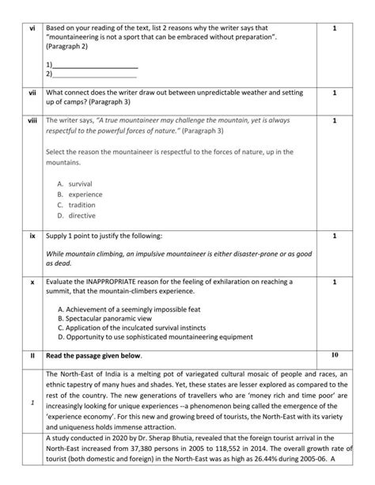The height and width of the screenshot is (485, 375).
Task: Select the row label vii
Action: coord(32,93)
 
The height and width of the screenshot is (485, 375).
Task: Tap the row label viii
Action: coord(32,120)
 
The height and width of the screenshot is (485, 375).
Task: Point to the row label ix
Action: coord(32,236)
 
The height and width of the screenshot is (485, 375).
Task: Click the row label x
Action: coord(32,281)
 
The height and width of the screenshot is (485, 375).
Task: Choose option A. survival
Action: coord(75,184)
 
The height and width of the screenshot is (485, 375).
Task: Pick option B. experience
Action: coord(80,194)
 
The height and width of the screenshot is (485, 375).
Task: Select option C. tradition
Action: coord(77,204)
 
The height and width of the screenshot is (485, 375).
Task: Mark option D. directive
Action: coord(77,214)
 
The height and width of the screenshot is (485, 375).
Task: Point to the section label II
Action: coord(32,356)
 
